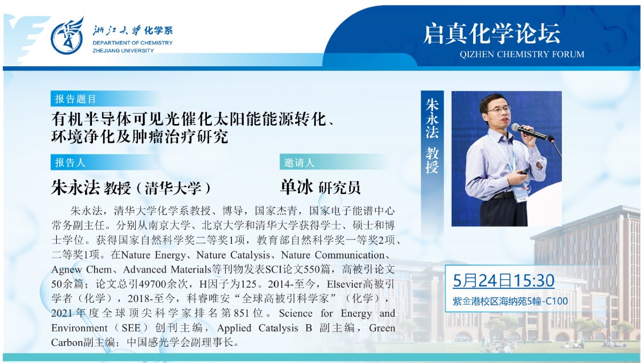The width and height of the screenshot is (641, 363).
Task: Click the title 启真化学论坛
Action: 491,34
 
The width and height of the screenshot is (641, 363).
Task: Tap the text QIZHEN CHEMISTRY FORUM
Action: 522,55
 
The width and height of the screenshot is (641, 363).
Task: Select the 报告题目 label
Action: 75,99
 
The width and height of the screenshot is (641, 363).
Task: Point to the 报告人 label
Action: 70,163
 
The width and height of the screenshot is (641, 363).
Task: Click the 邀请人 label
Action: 299,163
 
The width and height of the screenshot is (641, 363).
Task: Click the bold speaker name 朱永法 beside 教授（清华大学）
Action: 75,187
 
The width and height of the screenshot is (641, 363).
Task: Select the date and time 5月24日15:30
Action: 504,281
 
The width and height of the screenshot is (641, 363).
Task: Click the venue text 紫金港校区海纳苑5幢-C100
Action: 510,302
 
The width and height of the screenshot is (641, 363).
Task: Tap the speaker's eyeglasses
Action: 499,110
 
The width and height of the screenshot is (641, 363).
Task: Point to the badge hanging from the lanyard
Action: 520,194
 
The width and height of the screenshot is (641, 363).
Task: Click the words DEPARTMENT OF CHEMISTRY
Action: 133,43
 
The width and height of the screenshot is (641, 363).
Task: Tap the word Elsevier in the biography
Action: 344,284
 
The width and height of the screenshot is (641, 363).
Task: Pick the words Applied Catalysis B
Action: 265,328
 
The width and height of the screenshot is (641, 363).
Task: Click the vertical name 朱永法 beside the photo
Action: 431,118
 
